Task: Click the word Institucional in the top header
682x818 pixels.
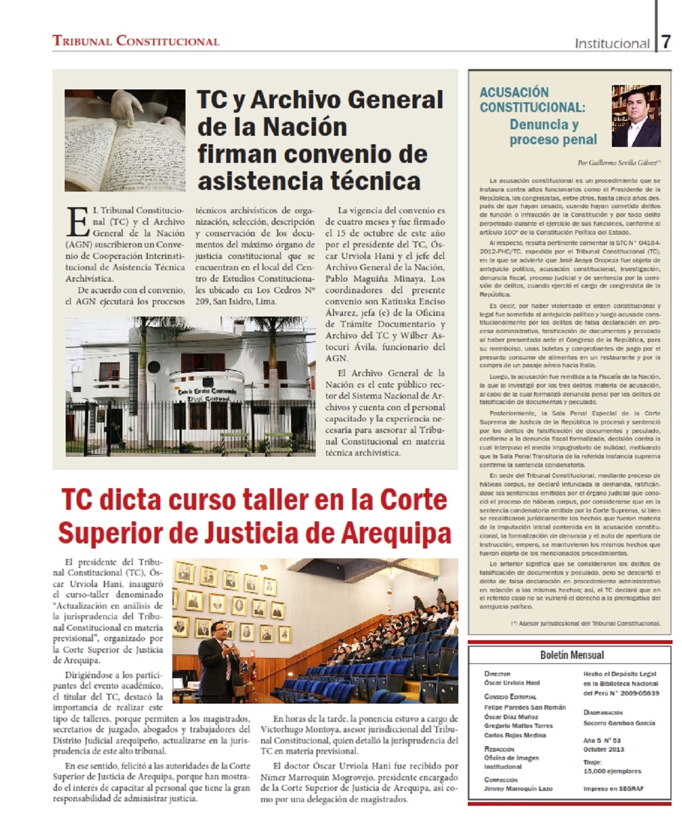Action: (x=612, y=43)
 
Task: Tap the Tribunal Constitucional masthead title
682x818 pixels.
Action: (x=136, y=41)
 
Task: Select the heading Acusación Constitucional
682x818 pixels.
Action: (x=532, y=99)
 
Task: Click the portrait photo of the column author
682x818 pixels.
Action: (x=636, y=115)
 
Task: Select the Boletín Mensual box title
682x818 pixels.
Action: (x=572, y=655)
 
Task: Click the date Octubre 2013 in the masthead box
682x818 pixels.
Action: (x=604, y=749)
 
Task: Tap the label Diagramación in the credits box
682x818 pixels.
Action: (x=602, y=713)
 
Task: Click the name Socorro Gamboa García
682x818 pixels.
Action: (x=619, y=722)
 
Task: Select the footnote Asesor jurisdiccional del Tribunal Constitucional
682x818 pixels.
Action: (x=586, y=623)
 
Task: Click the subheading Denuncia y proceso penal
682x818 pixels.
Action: (x=553, y=132)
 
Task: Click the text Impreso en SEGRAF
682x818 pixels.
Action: (x=613, y=789)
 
